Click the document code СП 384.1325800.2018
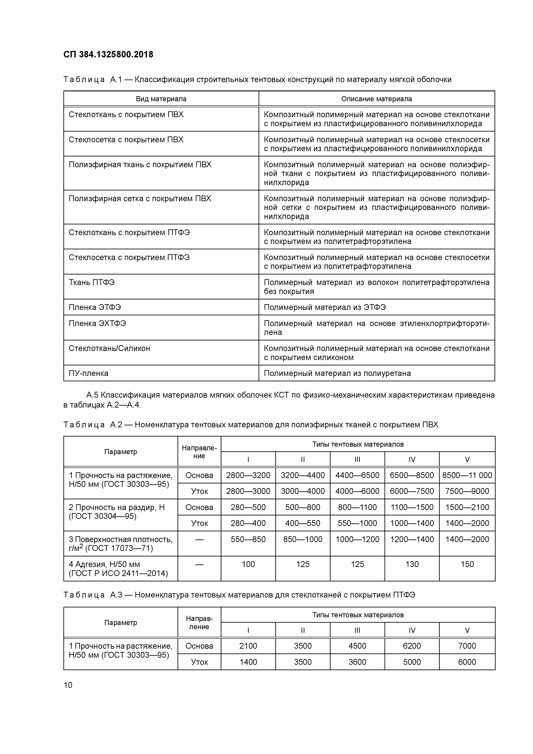pyautogui.click(x=108, y=55)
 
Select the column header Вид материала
pyautogui.click(x=161, y=99)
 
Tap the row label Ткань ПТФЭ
pyautogui.click(x=92, y=282)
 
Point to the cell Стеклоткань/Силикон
pyautogui.click(x=109, y=348)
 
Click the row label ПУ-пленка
pyautogui.click(x=88, y=373)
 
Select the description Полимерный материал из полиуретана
pyautogui.click(x=337, y=373)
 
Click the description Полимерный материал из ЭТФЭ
pyautogui.click(x=325, y=307)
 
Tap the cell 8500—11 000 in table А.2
pyautogui.click(x=467, y=475)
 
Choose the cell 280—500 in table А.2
pyautogui.click(x=248, y=507)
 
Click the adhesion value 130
pyautogui.click(x=412, y=564)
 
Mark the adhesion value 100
pyautogui.click(x=248, y=564)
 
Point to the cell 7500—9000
pyautogui.click(x=467, y=491)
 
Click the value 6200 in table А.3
pyautogui.click(x=412, y=646)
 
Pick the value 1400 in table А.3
pyautogui.click(x=248, y=662)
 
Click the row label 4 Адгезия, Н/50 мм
pyautogui.click(x=104, y=564)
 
